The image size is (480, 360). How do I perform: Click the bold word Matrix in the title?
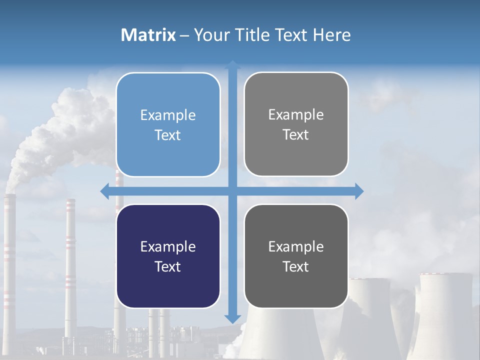click(148, 35)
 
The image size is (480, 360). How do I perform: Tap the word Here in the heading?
click(331, 35)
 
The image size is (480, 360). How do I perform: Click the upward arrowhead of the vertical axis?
click(232, 65)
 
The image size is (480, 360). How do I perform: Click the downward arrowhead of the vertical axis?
click(232, 318)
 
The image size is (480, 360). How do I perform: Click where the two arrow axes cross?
click(232, 191)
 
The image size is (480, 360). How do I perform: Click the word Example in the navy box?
click(168, 246)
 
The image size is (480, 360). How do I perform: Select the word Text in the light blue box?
click(168, 135)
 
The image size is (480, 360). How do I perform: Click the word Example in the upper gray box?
click(296, 114)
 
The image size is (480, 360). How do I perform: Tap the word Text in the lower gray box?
click(296, 266)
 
